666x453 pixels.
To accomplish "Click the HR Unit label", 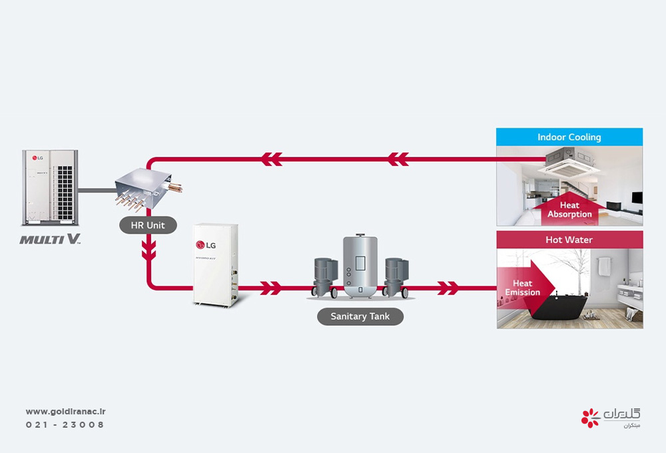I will click(147, 226).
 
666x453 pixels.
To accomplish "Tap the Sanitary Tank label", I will click(360, 316).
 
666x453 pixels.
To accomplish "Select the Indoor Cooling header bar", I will click(569, 137).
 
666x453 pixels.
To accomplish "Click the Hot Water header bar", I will click(569, 240).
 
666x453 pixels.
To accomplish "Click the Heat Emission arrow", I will click(523, 288).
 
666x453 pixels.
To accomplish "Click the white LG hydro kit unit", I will click(215, 264).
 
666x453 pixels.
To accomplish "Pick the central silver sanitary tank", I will click(360, 265).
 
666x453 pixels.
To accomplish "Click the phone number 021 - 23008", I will click(65, 425).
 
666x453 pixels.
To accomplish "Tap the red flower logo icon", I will click(590, 418).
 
